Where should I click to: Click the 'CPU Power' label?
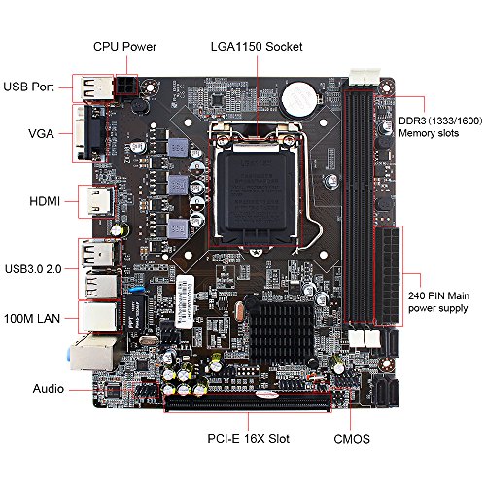tap(124, 47)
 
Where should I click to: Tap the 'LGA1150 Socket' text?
tap(257, 47)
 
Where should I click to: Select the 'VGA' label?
tap(41, 134)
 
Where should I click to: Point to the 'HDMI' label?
tap(45, 201)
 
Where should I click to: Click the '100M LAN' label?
tap(32, 319)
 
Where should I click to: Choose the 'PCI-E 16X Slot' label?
tap(248, 439)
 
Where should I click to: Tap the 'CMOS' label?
tap(352, 439)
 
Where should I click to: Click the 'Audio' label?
tap(49, 389)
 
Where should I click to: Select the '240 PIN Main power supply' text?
tap(438, 302)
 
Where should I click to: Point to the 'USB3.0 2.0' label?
tap(33, 269)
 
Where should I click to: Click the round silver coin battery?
tap(298, 99)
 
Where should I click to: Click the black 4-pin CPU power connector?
tap(126, 86)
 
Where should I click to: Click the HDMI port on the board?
tap(97, 201)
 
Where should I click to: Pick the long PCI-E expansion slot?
tap(248, 402)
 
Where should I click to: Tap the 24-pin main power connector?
tap(388, 276)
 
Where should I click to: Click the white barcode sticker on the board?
tap(185, 301)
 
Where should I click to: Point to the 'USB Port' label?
tap(28, 87)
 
